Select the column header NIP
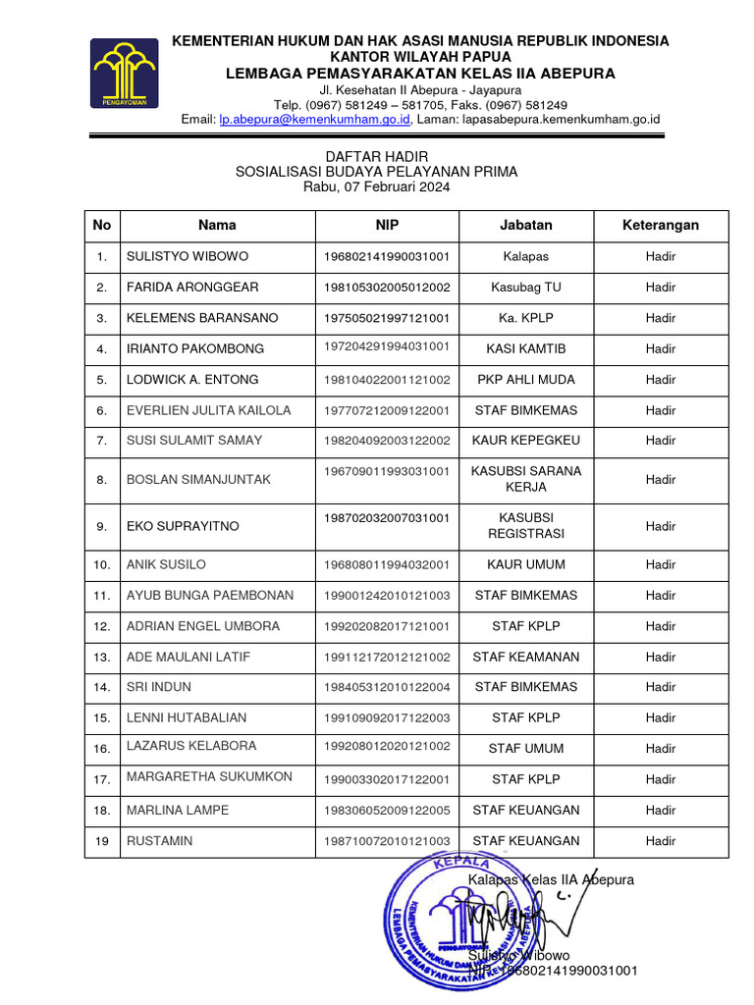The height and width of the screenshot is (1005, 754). (387, 225)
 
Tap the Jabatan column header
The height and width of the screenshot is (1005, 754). (525, 225)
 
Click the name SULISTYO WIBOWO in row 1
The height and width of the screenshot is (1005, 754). (188, 257)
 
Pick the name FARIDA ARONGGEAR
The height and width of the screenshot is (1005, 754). (192, 288)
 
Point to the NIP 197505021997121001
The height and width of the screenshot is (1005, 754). (387, 318)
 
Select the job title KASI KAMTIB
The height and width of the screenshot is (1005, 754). (525, 348)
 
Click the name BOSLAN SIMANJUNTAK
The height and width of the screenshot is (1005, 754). (198, 479)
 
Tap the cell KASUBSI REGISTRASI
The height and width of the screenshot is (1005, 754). (525, 525)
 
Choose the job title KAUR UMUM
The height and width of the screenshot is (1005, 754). (525, 564)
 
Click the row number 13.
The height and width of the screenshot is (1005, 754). (101, 657)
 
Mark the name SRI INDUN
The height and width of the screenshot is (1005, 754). (159, 687)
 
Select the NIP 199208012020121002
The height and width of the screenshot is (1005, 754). (387, 747)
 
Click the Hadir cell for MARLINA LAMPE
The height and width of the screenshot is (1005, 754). (661, 811)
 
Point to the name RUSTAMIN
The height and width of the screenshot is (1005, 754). (159, 841)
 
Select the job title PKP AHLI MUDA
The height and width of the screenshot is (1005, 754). (525, 379)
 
